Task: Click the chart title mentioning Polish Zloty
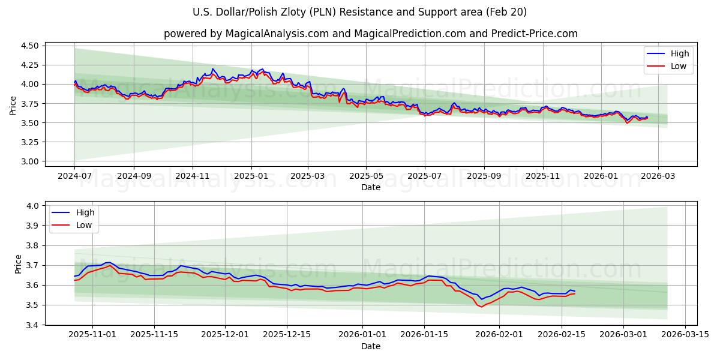pos(360,12)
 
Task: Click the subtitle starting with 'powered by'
pos(370,34)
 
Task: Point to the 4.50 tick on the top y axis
pos(29,46)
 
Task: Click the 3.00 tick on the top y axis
pos(29,161)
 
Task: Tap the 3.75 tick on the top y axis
pos(29,104)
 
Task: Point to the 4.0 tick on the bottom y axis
pos(34,206)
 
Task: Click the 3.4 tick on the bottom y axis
pos(34,325)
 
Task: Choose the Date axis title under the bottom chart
pos(370,347)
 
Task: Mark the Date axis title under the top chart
pos(370,187)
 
